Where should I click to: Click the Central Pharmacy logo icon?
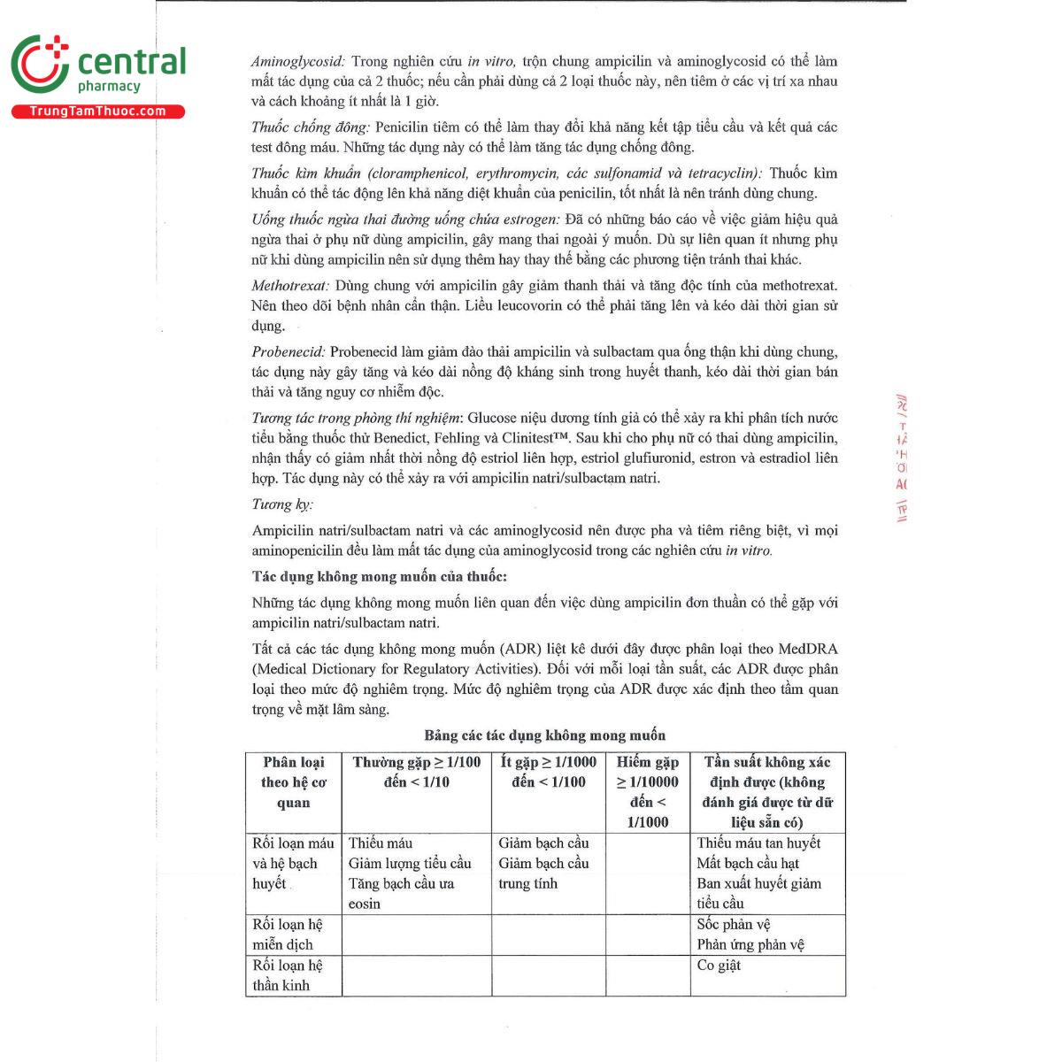40,65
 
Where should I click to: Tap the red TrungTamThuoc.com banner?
97,112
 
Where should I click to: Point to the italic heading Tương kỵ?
282,504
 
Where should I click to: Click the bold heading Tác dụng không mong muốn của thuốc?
379,577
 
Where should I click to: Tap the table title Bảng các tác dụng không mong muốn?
544,735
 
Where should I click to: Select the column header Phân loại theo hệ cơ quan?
293,782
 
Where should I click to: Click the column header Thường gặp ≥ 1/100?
416,772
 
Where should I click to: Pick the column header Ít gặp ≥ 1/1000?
549,772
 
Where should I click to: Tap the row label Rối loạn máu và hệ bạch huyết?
293,863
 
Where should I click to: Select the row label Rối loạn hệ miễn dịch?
288,935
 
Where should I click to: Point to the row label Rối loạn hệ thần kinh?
288,975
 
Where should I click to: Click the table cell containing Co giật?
719,966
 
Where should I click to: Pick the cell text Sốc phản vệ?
734,925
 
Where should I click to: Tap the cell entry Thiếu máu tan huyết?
758,843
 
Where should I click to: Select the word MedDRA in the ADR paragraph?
808,649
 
